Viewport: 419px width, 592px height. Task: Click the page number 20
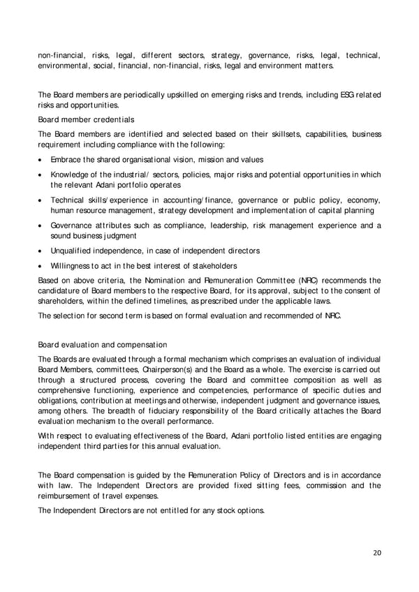(x=377, y=552)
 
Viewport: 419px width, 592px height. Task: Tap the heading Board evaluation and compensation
(x=103, y=344)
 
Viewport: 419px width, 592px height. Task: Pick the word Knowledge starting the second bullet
(x=71, y=174)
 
